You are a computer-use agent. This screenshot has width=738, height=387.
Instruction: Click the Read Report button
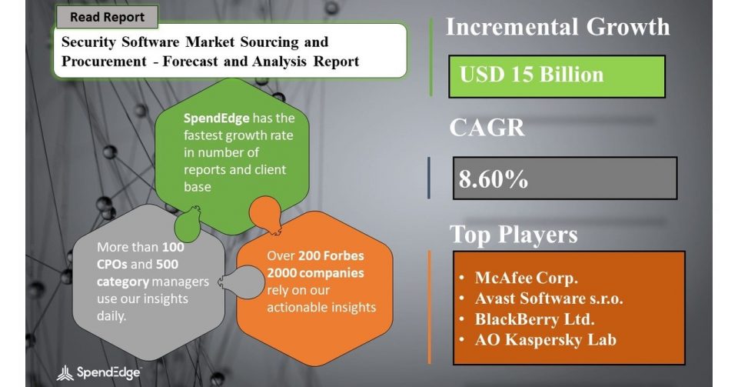107,17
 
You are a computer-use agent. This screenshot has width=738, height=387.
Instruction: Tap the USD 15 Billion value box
557,76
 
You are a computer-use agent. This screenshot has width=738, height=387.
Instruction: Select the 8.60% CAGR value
494,179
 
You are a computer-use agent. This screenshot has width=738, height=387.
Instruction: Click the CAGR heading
487,127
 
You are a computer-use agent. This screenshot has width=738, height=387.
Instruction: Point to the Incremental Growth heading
558,27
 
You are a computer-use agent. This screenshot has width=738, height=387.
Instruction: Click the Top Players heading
514,235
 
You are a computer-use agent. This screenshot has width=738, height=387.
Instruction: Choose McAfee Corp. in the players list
526,278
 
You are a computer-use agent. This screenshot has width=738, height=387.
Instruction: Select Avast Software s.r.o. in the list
549,299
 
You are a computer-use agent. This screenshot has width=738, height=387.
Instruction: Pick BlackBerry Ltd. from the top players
535,319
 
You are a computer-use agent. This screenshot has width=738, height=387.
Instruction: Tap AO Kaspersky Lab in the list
546,340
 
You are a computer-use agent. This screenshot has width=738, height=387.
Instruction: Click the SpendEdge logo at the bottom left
99,373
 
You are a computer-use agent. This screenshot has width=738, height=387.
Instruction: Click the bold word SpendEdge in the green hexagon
217,118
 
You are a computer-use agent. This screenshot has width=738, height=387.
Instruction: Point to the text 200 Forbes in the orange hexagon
331,255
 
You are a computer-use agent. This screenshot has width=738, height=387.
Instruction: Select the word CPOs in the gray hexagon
112,264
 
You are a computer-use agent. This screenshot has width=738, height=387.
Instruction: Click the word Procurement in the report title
104,62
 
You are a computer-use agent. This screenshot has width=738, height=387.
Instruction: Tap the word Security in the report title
88,42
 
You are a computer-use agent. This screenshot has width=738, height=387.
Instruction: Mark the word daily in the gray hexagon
111,316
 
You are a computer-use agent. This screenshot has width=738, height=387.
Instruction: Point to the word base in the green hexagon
198,187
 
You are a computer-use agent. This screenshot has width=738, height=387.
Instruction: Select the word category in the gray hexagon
123,282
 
